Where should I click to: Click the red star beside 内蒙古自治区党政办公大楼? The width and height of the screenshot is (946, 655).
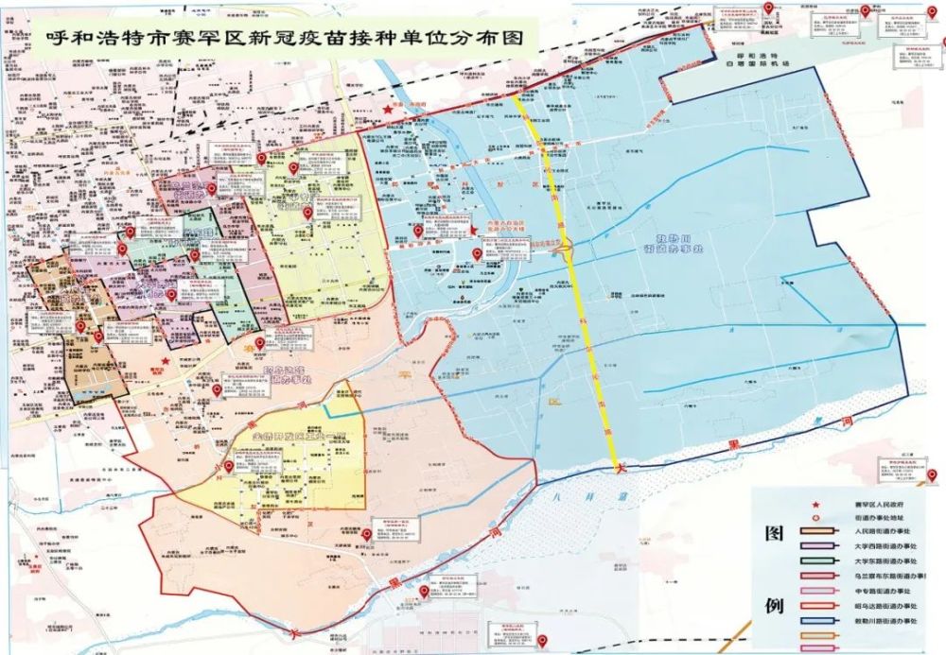tap(473, 230)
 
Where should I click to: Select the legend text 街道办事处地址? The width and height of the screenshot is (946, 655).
tap(870, 519)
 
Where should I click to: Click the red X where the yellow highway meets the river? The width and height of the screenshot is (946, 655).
tap(620, 467)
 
